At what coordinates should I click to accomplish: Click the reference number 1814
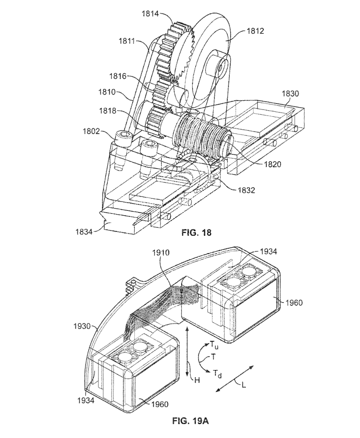150,13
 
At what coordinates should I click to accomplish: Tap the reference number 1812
255,31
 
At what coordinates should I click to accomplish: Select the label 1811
127,41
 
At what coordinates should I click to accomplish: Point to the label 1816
118,76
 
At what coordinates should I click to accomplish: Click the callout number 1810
107,92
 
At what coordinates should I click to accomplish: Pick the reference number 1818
108,111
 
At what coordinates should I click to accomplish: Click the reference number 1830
291,93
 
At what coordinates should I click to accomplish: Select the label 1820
272,164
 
